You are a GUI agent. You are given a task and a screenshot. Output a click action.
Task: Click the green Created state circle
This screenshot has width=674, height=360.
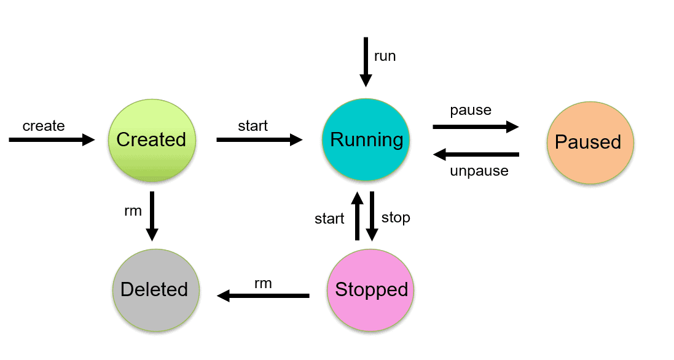tap(151, 139)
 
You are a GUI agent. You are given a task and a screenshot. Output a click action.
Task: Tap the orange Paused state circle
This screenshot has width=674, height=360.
tap(589, 142)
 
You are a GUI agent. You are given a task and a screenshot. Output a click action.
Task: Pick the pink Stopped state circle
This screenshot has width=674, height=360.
tap(371, 289)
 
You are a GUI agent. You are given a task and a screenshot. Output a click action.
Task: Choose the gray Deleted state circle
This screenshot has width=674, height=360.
tap(155, 289)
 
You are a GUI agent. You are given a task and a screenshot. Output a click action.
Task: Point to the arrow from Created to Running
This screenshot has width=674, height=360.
tap(259, 140)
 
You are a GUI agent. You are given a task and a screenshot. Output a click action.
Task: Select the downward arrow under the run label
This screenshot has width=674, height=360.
tap(366, 62)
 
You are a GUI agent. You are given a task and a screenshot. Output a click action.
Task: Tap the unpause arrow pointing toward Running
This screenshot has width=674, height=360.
tap(476, 154)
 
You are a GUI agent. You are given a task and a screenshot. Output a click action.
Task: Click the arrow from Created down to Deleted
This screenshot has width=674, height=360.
tap(152, 216)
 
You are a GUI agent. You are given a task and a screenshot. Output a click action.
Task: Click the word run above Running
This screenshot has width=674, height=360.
tap(385, 56)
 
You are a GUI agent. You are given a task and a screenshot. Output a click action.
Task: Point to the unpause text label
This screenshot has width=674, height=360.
tap(479, 171)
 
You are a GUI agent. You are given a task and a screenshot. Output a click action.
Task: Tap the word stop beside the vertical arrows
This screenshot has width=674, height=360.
tap(396, 217)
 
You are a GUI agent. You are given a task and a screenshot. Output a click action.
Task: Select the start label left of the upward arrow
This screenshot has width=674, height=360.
tap(329, 219)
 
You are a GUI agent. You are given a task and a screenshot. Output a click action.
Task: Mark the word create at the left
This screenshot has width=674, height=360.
tap(44, 126)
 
